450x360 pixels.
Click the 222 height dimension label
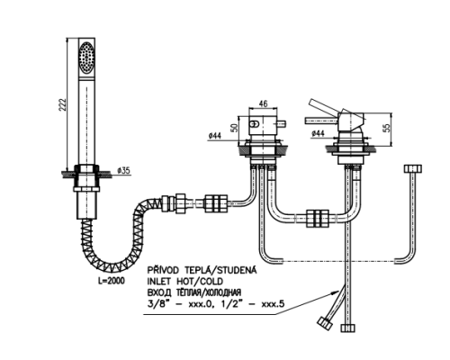[x=62, y=104]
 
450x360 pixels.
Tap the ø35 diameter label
[x=124, y=170]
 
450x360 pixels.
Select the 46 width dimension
[x=263, y=103]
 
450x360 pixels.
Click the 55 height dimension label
[x=387, y=128]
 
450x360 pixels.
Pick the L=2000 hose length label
[x=112, y=281]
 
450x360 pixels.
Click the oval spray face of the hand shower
[x=86, y=58]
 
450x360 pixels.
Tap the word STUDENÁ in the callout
[x=238, y=270]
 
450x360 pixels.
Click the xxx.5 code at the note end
[x=273, y=304]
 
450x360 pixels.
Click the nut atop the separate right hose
[x=413, y=168]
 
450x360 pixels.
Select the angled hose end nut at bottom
[x=325, y=323]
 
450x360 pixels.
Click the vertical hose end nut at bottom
[x=347, y=328]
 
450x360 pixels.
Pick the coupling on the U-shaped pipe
[x=318, y=218]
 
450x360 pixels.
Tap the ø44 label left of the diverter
[x=214, y=136]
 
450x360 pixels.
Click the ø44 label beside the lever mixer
[x=318, y=133]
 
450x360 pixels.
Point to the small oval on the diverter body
[x=255, y=123]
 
